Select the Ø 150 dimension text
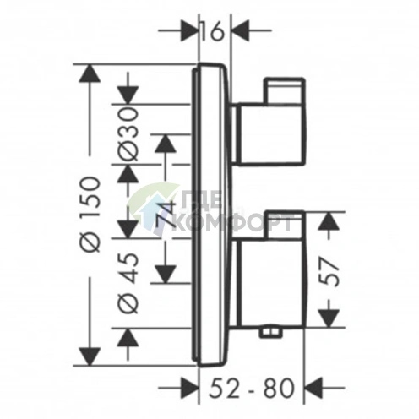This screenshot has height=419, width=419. click(x=91, y=215)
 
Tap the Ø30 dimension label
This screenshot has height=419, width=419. click(x=130, y=135)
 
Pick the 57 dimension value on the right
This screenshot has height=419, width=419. click(x=329, y=272)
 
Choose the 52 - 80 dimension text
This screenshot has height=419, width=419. click(x=253, y=388)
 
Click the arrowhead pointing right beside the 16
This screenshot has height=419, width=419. click(x=188, y=30)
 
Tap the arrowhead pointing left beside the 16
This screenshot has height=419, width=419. click(x=241, y=30)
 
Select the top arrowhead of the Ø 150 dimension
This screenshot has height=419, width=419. click(x=90, y=73)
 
